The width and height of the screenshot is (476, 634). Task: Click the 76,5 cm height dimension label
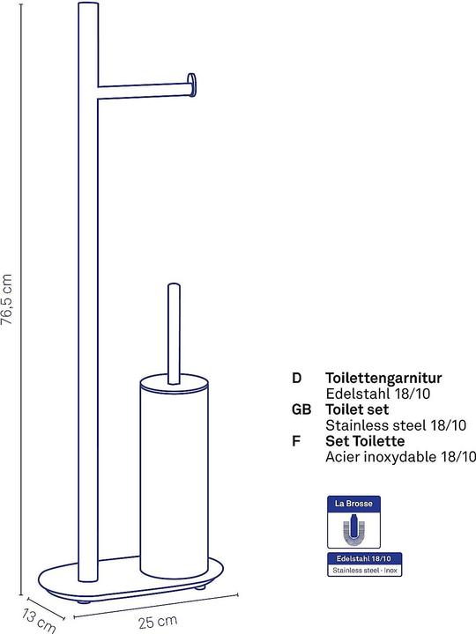coord(7,299)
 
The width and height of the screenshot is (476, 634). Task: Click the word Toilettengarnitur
coord(383,378)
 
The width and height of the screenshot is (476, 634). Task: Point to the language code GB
coord(301,409)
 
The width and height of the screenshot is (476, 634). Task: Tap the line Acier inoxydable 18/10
coord(400,456)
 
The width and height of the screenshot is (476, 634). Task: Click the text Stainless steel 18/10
coord(396,425)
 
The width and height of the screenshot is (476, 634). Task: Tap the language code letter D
coord(297,378)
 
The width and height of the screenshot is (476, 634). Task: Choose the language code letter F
coord(296,440)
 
